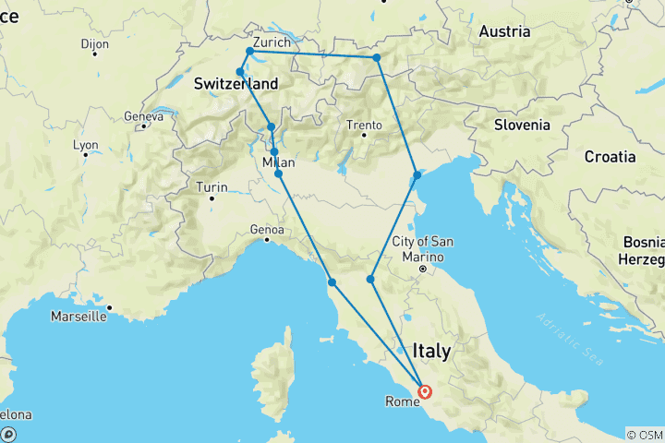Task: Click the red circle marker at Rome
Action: pos(425,391)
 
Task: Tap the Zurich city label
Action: pos(271,42)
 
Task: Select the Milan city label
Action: pos(279,162)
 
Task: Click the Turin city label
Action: pos(211,187)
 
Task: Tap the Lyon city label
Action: pos(85,145)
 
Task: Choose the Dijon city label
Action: pos(94,43)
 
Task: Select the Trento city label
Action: pos(363,126)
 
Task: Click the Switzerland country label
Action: pos(236,84)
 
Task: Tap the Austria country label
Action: pos(504,31)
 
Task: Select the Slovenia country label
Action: pos(522,125)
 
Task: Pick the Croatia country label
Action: pos(610,157)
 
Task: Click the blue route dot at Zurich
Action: pos(249,51)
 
